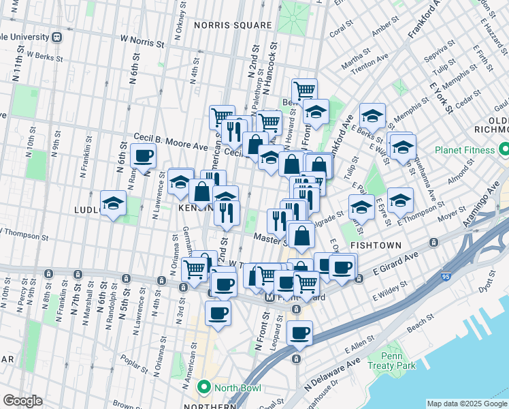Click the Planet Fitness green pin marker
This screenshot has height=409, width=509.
coord(504,148)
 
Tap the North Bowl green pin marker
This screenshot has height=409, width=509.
coord(203,388)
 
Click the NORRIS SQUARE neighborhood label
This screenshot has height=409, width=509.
coord(233,25)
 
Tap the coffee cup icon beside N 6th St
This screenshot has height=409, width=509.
coord(143,156)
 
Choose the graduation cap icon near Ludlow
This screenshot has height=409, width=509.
coord(113,202)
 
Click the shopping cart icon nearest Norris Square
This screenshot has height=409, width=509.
coord(304,89)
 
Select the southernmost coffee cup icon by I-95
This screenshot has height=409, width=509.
coord(299,333)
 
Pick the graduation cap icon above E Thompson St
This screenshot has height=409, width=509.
coord(400,200)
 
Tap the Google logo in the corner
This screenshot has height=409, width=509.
coord(22,401)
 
